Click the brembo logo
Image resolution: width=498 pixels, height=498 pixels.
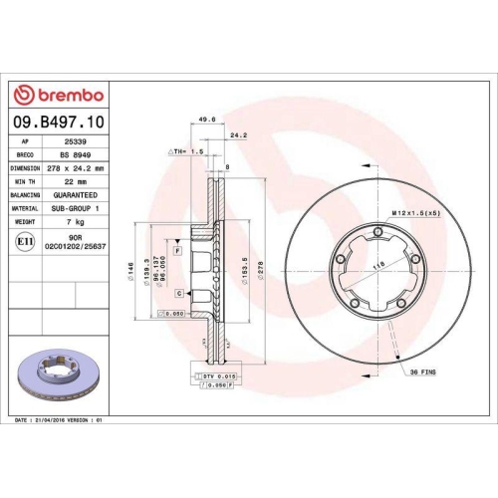(58, 95)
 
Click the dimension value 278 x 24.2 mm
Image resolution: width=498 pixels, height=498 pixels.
(77, 168)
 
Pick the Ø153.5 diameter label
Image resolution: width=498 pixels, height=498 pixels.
(245, 270)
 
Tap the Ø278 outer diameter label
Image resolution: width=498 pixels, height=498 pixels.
(260, 270)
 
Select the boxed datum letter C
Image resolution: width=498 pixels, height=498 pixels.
(178, 294)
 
